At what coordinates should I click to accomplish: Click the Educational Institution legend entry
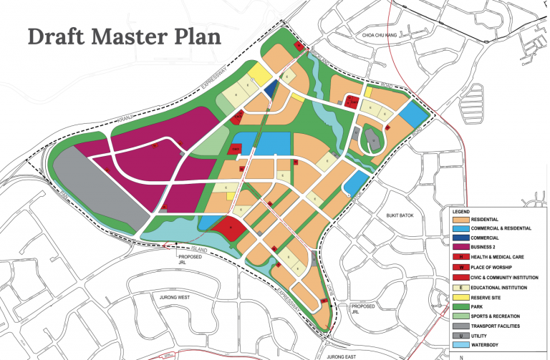pos(501,287)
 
